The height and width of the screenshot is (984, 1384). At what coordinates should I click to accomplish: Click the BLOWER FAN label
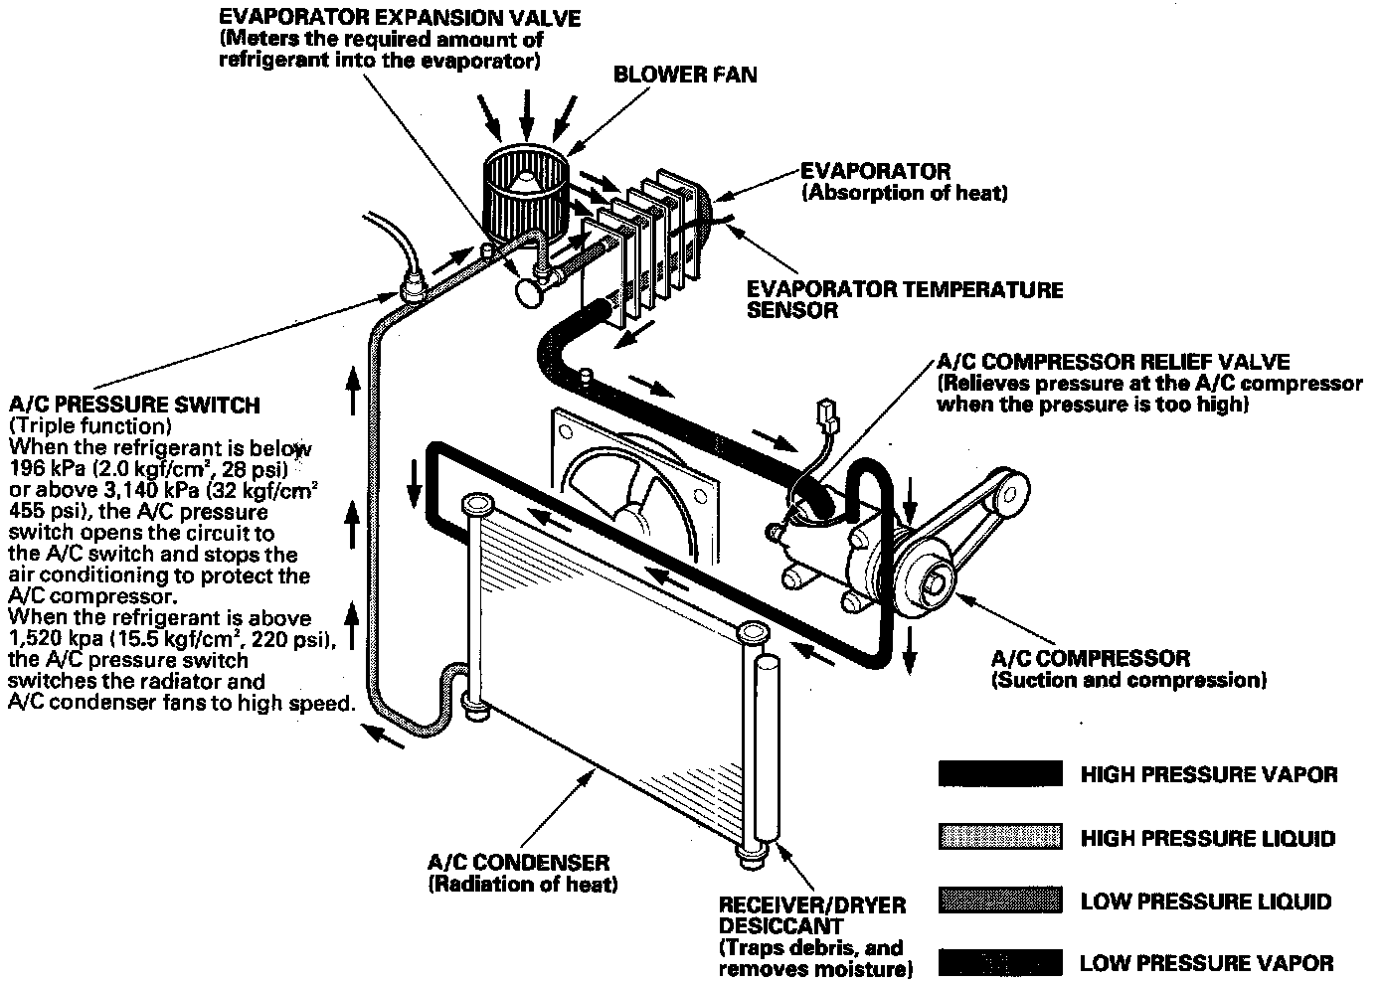[x=684, y=75]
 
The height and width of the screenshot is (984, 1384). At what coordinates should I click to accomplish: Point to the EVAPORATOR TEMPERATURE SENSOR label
[x=904, y=299]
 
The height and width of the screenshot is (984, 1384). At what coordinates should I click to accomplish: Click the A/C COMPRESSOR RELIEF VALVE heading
[x=1113, y=362]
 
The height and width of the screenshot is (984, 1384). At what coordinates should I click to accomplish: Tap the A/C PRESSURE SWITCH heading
[x=133, y=406]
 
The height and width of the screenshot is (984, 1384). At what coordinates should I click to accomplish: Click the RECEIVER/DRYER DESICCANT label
[x=811, y=916]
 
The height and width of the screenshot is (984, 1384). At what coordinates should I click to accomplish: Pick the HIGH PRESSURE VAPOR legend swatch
[x=1000, y=774]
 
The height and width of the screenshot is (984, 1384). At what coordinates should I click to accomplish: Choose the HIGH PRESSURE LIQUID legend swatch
[x=1000, y=838]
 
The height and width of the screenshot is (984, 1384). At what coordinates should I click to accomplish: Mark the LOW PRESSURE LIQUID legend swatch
[x=1000, y=902]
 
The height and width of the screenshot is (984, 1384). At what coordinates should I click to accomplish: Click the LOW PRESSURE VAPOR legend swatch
[x=1000, y=962]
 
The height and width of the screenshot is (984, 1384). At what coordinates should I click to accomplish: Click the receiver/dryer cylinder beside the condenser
[x=767, y=745]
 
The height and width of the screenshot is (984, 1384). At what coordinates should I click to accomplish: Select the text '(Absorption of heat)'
[x=904, y=194]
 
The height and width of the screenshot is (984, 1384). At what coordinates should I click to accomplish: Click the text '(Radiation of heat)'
[x=522, y=885]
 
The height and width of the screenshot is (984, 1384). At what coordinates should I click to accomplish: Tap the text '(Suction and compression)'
[x=1127, y=681]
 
